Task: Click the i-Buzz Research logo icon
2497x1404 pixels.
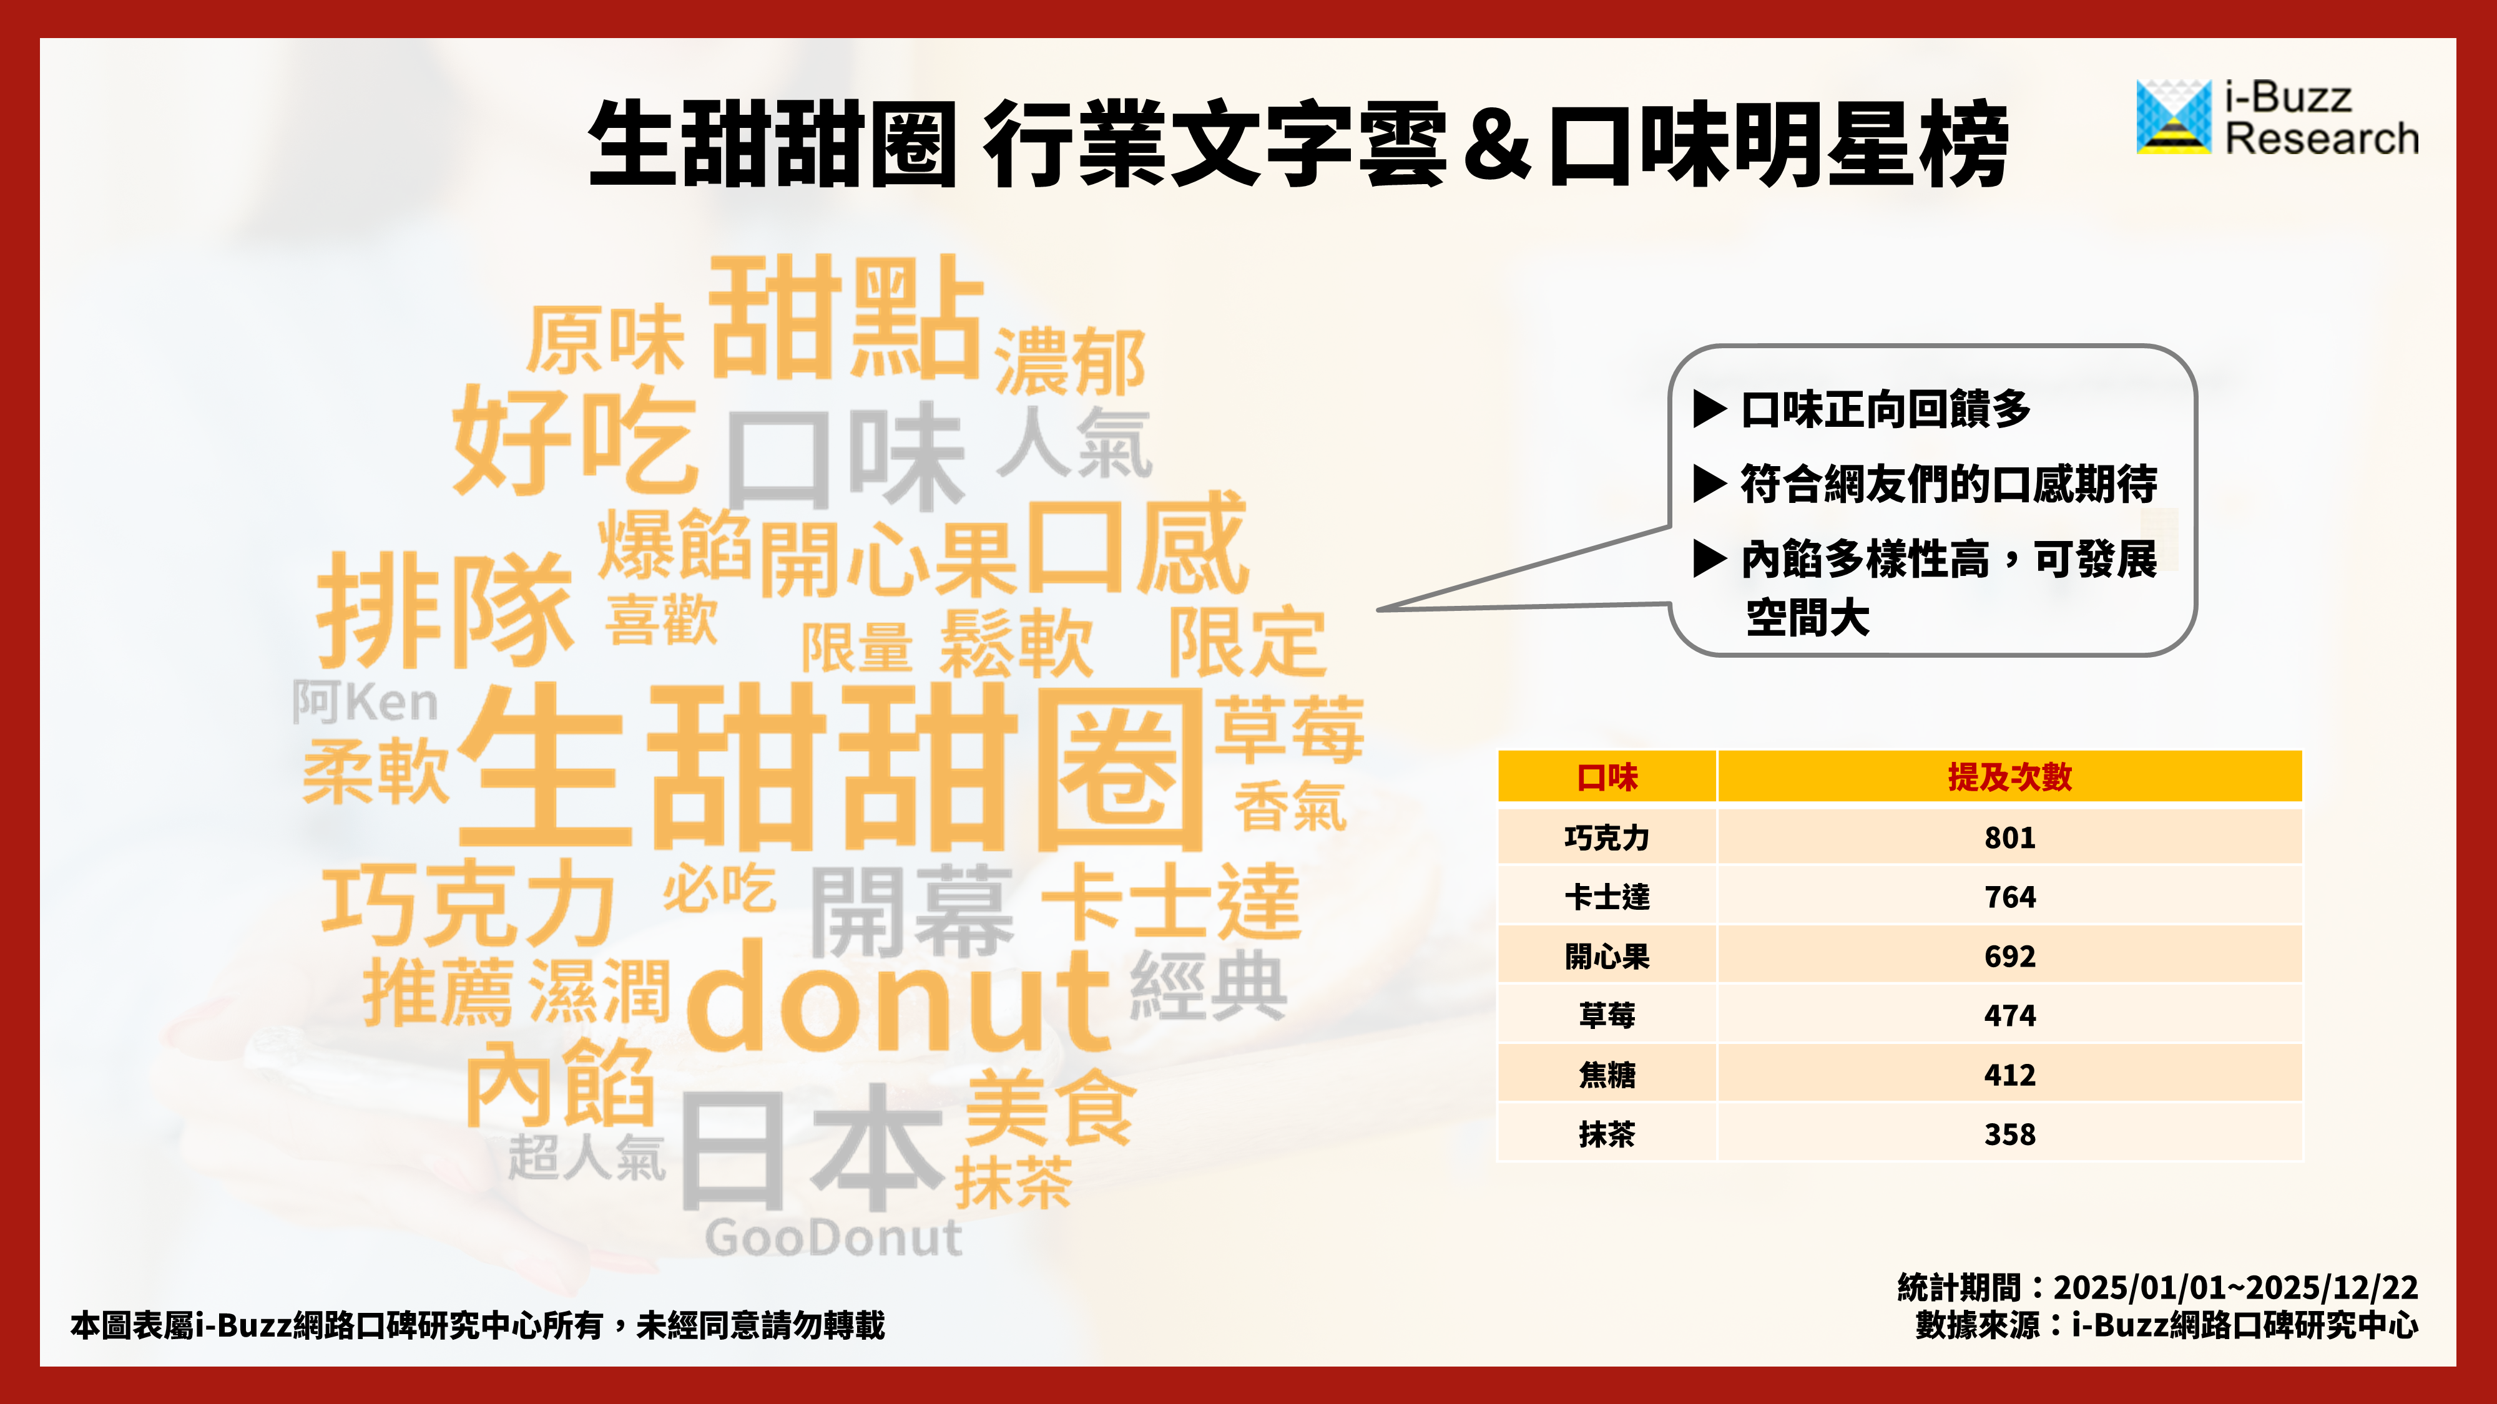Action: [x=2173, y=116]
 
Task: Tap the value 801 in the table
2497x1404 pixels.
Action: [x=2009, y=837]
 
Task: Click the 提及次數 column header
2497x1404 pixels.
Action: [x=2009, y=776]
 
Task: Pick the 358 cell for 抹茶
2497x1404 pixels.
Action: [x=2009, y=1134]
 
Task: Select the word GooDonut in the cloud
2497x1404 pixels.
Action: [x=833, y=1237]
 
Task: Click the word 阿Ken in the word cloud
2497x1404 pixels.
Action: [x=365, y=701]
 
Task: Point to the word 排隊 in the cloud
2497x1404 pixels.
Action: [x=445, y=610]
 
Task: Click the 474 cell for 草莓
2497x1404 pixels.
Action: [x=2009, y=1015]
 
